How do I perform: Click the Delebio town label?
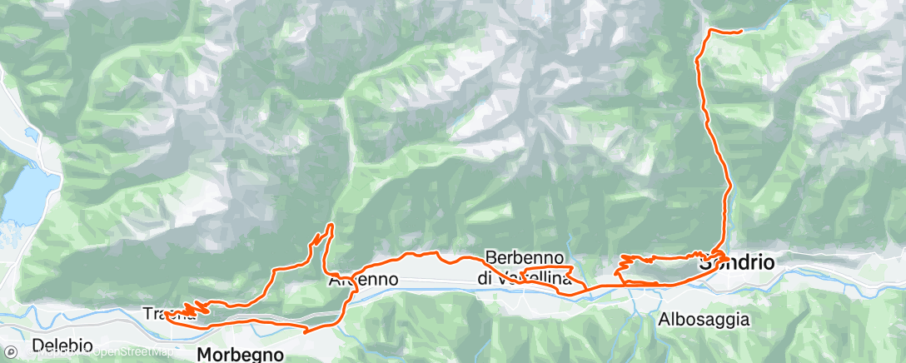click(57, 344)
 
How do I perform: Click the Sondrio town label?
click(738, 263)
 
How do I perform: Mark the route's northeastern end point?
click(740, 32)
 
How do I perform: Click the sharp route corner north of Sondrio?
click(709, 31)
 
